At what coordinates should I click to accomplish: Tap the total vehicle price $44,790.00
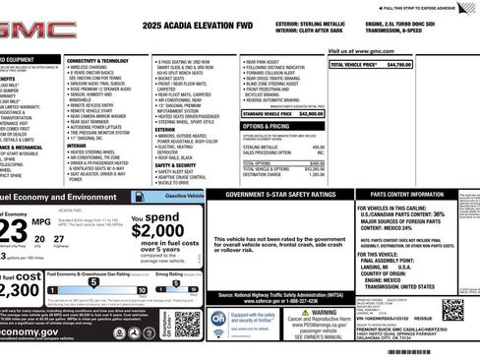tap(425, 64)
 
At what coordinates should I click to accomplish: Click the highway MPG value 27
tap(62, 237)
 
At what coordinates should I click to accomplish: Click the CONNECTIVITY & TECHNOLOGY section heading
tap(97, 60)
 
